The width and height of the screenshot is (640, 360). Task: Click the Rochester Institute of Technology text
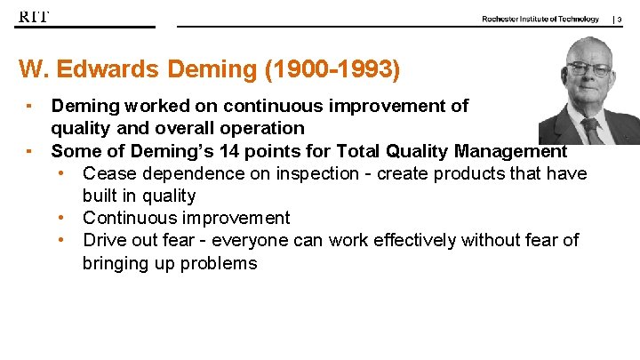tap(540, 19)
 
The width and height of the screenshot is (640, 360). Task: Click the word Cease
tap(108, 172)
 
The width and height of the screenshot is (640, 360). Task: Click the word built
tap(101, 196)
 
